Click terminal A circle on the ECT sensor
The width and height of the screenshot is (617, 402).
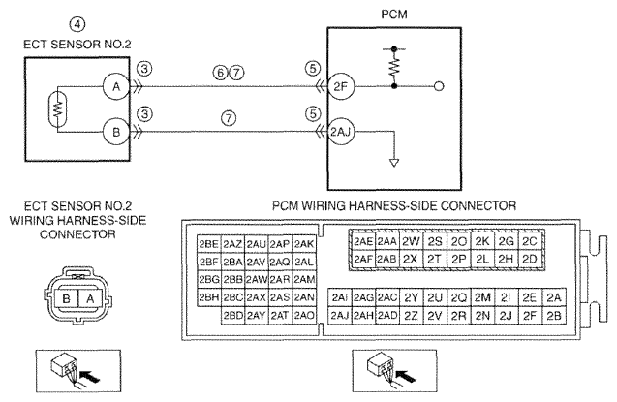pyautogui.click(x=116, y=86)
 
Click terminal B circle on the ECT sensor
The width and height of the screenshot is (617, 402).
pyautogui.click(x=116, y=132)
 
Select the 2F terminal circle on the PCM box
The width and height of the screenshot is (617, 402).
pyautogui.click(x=341, y=86)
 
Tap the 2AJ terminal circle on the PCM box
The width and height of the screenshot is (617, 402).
pyautogui.click(x=341, y=132)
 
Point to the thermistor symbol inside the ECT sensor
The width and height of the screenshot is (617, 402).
pyautogui.click(x=58, y=108)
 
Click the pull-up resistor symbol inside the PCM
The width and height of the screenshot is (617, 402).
pyautogui.click(x=394, y=68)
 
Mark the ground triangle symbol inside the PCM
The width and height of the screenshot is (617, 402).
pyautogui.click(x=394, y=162)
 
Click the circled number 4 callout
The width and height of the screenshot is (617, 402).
pyautogui.click(x=77, y=24)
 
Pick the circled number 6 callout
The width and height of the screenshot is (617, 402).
pyautogui.click(x=221, y=73)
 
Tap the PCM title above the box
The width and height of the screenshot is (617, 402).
pyautogui.click(x=394, y=15)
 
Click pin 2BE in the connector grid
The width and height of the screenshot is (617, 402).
pyautogui.click(x=209, y=244)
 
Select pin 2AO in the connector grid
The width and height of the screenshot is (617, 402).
pyautogui.click(x=304, y=316)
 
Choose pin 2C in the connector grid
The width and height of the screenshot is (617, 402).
pyautogui.click(x=530, y=241)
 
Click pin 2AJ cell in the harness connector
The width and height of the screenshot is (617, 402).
pyautogui.click(x=340, y=316)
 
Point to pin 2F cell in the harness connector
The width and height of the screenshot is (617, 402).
pyautogui.click(x=530, y=316)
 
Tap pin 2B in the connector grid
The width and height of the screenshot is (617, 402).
pyautogui.click(x=554, y=316)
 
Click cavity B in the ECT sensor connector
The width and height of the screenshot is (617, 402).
pyautogui.click(x=66, y=299)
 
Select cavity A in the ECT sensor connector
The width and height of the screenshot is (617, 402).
pyautogui.click(x=90, y=299)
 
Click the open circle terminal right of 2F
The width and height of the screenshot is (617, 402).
pyautogui.click(x=439, y=86)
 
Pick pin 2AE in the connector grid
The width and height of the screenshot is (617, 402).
pyautogui.click(x=363, y=241)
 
